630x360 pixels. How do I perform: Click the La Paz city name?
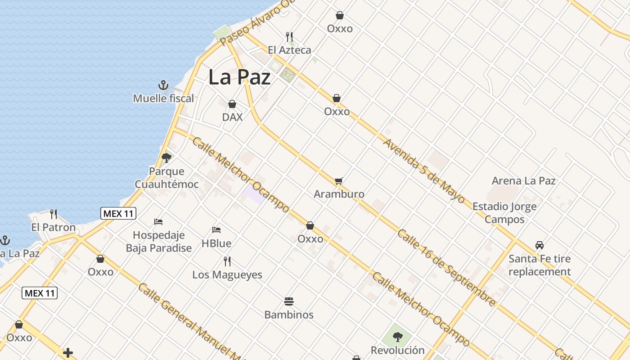pos(239,77)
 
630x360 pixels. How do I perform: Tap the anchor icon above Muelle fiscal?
pos(163,85)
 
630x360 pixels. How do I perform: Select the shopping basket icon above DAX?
pos(232,104)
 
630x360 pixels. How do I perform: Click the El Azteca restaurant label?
pos(289,50)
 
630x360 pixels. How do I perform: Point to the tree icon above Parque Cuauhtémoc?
pos(166,157)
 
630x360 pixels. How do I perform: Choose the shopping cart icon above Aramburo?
pos(338,181)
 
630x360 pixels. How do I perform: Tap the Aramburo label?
pos(339,194)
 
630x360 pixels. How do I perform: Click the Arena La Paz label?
pos(523,181)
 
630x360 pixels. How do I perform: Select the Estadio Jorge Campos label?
pos(504,213)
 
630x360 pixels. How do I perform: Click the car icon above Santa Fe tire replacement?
pos(540,245)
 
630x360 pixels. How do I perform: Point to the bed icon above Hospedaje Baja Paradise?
pos(158,221)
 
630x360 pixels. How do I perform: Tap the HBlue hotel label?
pos(216,243)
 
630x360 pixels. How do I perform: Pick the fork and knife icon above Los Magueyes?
pos(227,261)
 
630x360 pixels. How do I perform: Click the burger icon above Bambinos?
pos(289,301)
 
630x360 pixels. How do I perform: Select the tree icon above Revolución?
pos(397,337)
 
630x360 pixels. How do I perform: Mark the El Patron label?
pos(53,227)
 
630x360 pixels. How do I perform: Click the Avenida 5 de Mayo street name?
pos(423,171)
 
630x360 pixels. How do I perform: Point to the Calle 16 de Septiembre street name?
pos(446,268)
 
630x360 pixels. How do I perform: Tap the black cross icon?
pos(68,353)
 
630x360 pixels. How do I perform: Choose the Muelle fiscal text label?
pos(163,98)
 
